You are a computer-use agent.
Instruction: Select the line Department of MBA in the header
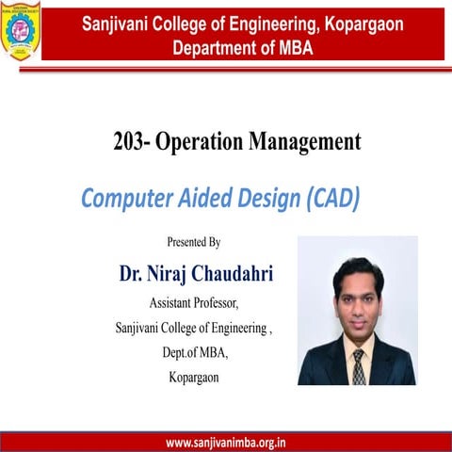(x=243, y=47)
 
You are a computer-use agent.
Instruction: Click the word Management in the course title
(x=304, y=142)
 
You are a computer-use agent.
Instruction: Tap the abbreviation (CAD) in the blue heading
(x=329, y=199)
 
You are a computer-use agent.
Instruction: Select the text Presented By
(x=194, y=243)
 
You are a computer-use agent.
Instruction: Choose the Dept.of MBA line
(x=195, y=353)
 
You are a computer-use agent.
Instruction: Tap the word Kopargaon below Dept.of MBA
(x=195, y=378)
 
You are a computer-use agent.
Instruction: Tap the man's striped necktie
(x=359, y=363)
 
